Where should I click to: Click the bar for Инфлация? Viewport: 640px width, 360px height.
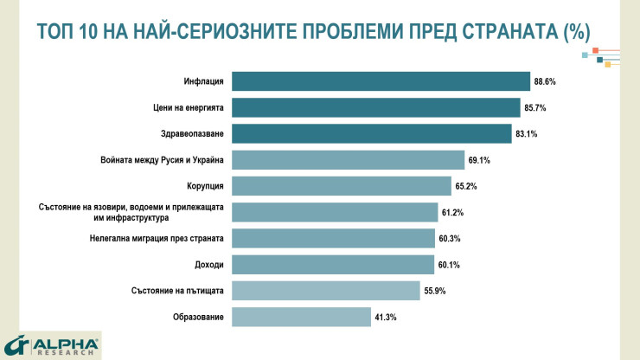381,81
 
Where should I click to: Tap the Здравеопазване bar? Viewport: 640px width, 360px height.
372,133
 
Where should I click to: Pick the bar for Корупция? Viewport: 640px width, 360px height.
342,186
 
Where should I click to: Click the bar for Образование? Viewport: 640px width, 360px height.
302,318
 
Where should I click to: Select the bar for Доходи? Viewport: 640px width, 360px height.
333,265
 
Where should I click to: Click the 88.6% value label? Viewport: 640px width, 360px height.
545,81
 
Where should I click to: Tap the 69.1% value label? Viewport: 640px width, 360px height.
480,160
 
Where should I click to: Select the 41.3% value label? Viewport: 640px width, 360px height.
386,318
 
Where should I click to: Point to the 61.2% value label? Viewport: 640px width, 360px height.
453,212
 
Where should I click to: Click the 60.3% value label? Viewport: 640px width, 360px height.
450,239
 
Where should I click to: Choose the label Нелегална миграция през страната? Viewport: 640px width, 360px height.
157,239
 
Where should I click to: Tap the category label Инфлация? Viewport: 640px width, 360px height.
203,81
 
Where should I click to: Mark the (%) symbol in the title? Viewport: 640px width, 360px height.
575,32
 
